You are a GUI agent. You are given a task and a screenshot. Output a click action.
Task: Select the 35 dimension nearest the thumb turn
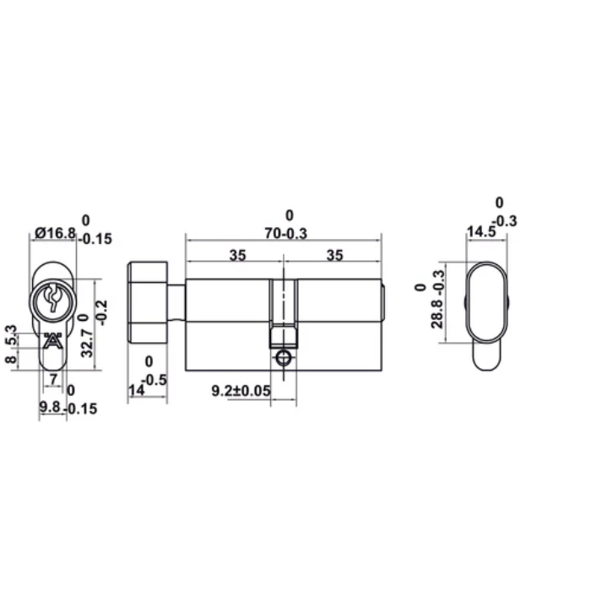point(236,256)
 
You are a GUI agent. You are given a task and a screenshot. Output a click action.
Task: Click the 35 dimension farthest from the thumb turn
point(334,256)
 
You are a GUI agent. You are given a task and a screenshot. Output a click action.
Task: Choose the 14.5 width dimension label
point(481,231)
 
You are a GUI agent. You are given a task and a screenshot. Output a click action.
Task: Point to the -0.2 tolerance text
point(102,314)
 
